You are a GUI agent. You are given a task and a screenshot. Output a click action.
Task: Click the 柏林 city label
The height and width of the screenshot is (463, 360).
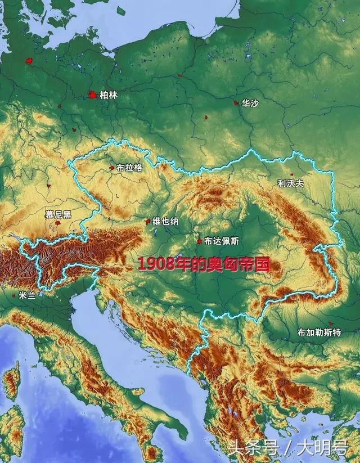pyautogui.click(x=109, y=96)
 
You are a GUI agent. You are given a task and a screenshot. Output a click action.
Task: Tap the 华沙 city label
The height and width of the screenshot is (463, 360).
pyautogui.click(x=250, y=104)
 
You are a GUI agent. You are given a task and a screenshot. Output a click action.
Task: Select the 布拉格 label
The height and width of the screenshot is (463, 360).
pyautogui.click(x=129, y=168)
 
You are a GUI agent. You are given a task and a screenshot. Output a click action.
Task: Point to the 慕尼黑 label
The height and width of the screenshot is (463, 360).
pyautogui.click(x=58, y=214)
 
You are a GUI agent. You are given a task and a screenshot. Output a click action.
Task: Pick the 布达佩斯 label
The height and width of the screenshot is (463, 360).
pyautogui.click(x=222, y=241)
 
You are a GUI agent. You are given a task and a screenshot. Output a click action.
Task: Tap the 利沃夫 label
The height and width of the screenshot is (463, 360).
pyautogui.click(x=290, y=183)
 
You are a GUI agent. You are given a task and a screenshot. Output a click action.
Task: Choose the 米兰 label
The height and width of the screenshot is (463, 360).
pyautogui.click(x=26, y=294)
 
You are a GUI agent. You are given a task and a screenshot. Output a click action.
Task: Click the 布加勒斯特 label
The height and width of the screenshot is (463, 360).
pyautogui.click(x=319, y=332)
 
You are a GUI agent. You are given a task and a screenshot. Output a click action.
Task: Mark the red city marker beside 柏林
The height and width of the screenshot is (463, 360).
pyautogui.click(x=92, y=96)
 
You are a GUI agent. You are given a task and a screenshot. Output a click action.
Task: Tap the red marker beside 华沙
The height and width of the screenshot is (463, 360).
pyautogui.click(x=236, y=103)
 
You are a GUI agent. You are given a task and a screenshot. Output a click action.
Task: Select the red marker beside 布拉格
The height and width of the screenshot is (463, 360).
pyautogui.click(x=112, y=167)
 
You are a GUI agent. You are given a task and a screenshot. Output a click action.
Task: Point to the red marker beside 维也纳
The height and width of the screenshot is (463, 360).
pyautogui.click(x=148, y=222)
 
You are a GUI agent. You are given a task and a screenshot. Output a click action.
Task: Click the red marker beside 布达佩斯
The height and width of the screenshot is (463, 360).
pyautogui.click(x=199, y=241)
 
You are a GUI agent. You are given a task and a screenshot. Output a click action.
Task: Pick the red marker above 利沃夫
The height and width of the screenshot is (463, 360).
pyautogui.click(x=291, y=174)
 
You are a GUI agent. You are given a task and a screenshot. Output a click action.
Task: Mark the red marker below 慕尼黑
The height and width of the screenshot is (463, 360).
pyautogui.click(x=58, y=224)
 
